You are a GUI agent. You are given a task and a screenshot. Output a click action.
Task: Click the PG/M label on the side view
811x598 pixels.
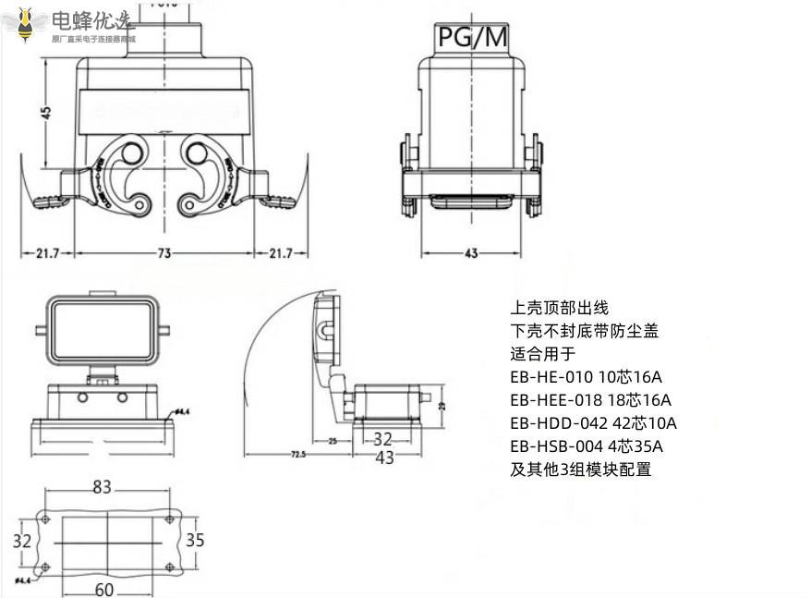pyautogui.click(x=473, y=36)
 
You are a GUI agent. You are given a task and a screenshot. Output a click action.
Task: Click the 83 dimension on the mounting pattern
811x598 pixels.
pyautogui.click(x=102, y=486)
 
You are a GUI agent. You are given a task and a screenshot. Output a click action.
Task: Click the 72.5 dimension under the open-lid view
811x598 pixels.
pyautogui.click(x=297, y=455)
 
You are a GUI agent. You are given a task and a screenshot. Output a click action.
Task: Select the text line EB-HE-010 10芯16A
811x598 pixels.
pyautogui.click(x=586, y=377)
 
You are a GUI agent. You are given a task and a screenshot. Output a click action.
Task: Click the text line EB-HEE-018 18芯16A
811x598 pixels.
pyautogui.click(x=590, y=400)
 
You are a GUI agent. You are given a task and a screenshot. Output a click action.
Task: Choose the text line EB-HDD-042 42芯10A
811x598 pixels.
pyautogui.click(x=593, y=423)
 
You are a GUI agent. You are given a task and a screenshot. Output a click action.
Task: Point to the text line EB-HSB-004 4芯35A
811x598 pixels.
pyautogui.click(x=586, y=446)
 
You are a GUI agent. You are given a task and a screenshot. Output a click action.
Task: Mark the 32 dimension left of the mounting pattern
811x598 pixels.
pyautogui.click(x=22, y=540)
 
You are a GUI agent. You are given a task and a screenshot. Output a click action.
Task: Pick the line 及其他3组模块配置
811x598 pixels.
pyautogui.click(x=580, y=470)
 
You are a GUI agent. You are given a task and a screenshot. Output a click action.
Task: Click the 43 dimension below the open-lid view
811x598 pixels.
pyautogui.click(x=384, y=458)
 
